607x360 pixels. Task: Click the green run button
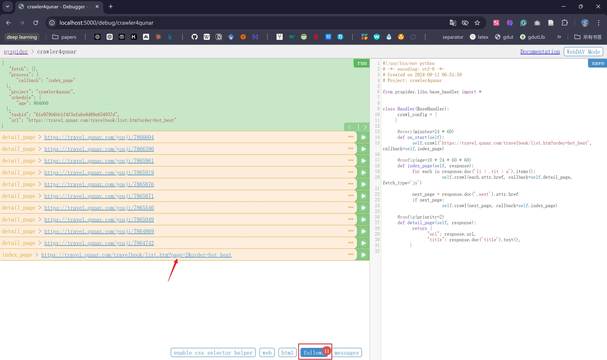(362, 63)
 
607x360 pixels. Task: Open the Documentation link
(540, 52)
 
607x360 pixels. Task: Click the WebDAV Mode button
(583, 52)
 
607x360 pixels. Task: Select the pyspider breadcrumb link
(16, 52)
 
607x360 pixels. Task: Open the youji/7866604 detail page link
(99, 137)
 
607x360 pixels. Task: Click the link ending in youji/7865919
(99, 173)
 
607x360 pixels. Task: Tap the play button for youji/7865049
(364, 220)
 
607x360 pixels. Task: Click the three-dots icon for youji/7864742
(351, 243)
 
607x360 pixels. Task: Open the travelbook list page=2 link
(136, 255)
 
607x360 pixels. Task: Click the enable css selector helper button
(213, 353)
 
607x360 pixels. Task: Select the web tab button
(267, 353)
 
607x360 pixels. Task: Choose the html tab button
(287, 353)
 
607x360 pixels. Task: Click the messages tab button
(346, 353)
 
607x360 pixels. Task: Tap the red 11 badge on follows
(327, 351)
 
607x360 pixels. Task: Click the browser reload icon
(36, 23)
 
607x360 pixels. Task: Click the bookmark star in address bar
(477, 23)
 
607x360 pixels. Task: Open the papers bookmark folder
(64, 37)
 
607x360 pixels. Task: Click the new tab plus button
(111, 7)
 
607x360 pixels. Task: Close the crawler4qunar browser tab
(97, 7)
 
